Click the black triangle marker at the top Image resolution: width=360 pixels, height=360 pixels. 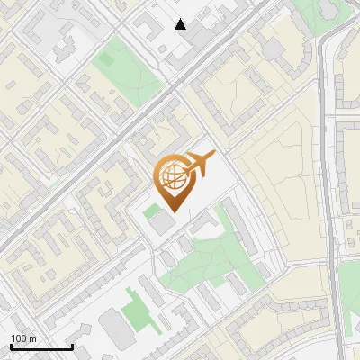click(181, 24)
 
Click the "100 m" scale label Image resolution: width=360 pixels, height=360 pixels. click(23, 338)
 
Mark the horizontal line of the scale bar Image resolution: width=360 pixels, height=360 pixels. click(41, 347)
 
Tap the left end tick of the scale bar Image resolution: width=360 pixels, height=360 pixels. click(11, 346)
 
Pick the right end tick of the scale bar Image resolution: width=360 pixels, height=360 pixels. click(72, 346)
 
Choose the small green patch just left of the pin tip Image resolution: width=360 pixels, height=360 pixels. click(149, 212)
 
